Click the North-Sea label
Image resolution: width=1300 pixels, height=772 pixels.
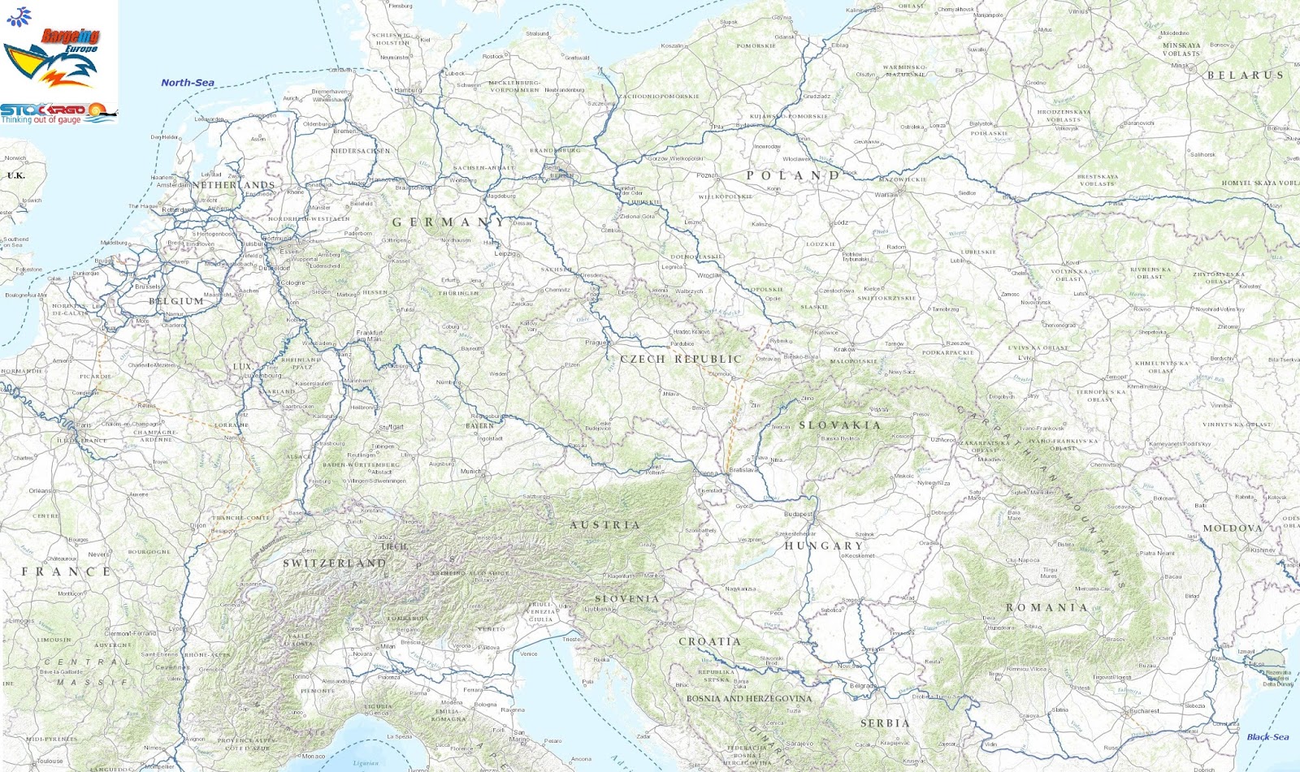pyautogui.click(x=187, y=82)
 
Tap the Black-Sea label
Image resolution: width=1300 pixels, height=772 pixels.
pyautogui.click(x=1267, y=737)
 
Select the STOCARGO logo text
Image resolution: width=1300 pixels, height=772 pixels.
pyautogui.click(x=42, y=109)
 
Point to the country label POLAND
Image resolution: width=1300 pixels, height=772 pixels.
pyautogui.click(x=792, y=175)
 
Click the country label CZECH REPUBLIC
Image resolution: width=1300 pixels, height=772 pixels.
pyautogui.click(x=681, y=359)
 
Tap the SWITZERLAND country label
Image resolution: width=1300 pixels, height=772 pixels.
pyautogui.click(x=334, y=563)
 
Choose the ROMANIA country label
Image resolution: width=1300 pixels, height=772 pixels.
pyautogui.click(x=1046, y=607)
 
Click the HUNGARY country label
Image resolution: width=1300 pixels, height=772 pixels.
pyautogui.click(x=822, y=546)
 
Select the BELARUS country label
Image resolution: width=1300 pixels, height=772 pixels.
pyautogui.click(x=1245, y=75)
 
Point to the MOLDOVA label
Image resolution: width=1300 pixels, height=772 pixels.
pyautogui.click(x=1232, y=528)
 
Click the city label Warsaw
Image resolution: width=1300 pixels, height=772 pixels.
pyautogui.click(x=886, y=195)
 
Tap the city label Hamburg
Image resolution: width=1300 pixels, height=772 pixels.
pyautogui.click(x=408, y=90)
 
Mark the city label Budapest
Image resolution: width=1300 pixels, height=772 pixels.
pyautogui.click(x=798, y=514)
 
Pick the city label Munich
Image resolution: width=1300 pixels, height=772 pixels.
pyautogui.click(x=470, y=471)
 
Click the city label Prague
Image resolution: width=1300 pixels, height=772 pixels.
pyautogui.click(x=596, y=343)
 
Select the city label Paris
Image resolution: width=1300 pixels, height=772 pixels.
pyautogui.click(x=84, y=425)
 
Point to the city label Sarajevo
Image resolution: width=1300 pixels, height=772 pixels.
pyautogui.click(x=799, y=743)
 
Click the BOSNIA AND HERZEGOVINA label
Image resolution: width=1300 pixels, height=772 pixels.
pyautogui.click(x=748, y=698)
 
